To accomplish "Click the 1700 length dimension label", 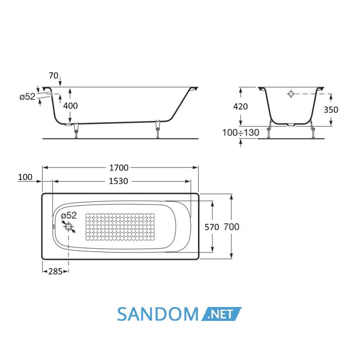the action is (119, 168).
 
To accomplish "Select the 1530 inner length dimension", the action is (118, 181).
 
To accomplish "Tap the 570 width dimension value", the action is (212, 227).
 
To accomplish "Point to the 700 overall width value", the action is (231, 227).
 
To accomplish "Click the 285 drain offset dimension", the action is (56, 272).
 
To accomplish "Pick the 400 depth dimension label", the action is (70, 106).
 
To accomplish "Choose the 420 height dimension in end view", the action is (240, 106).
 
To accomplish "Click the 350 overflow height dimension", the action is (331, 110).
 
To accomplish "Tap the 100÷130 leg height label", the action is (241, 133).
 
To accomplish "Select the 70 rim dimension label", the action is (53, 76).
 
